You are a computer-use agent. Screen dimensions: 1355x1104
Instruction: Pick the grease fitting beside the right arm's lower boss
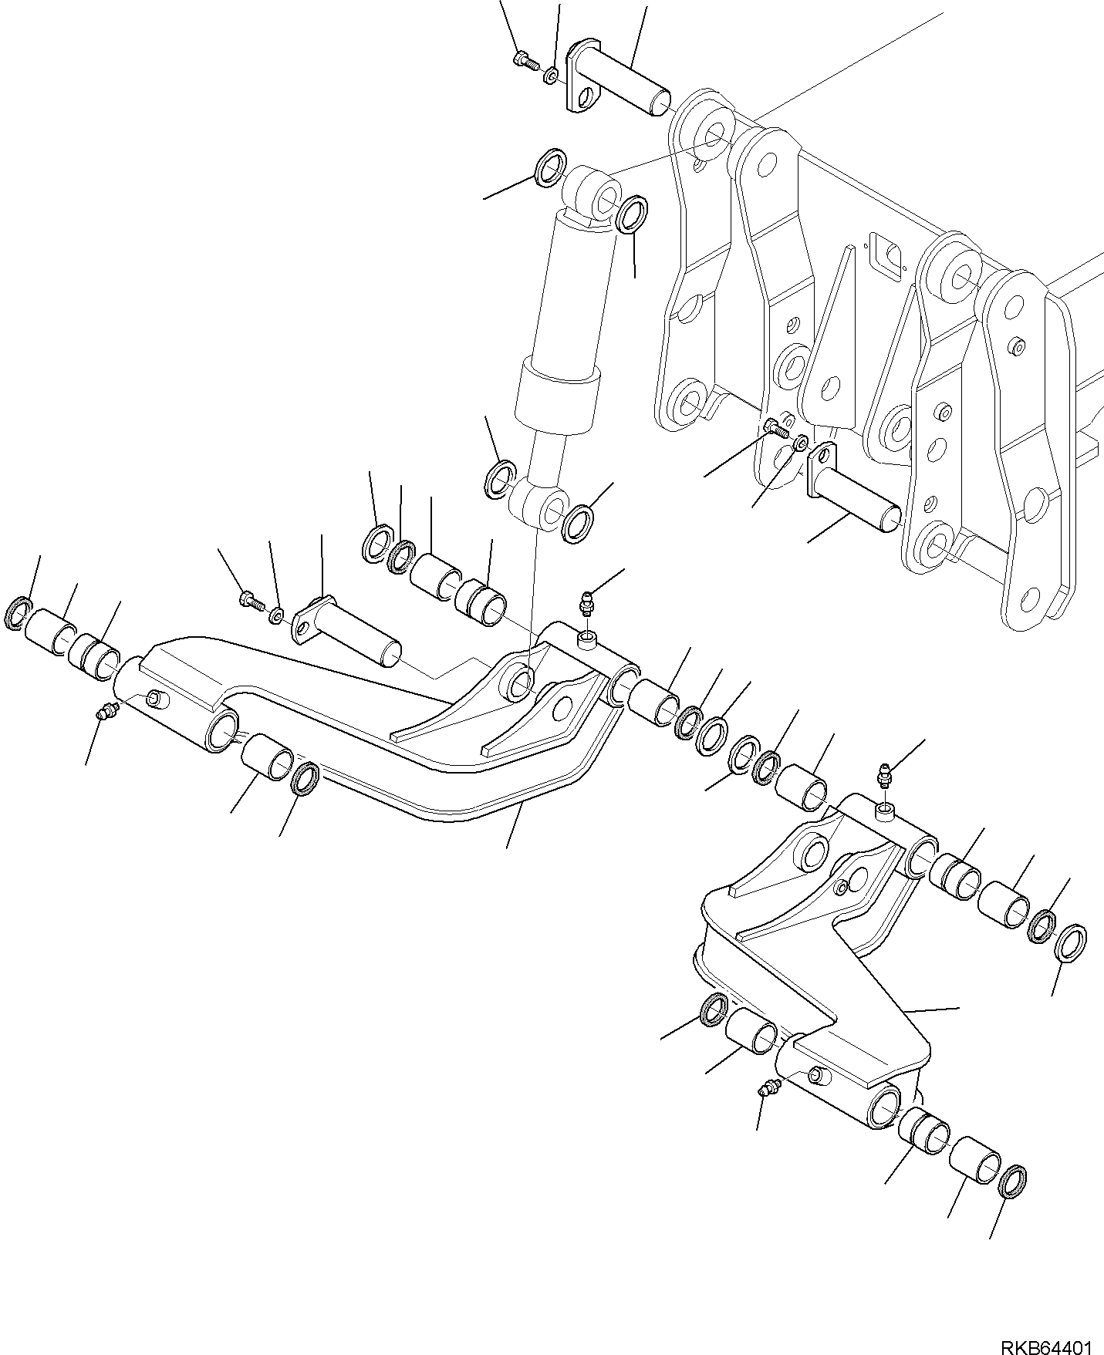tap(768, 1088)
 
